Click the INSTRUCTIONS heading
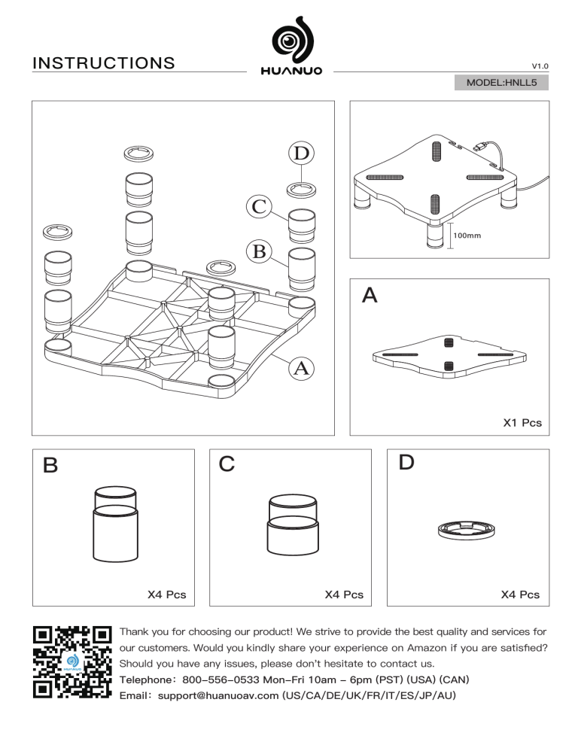104,62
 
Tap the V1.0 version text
540,66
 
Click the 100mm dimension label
467,236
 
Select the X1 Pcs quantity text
522,424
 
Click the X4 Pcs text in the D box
520,594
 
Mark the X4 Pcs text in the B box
166,594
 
